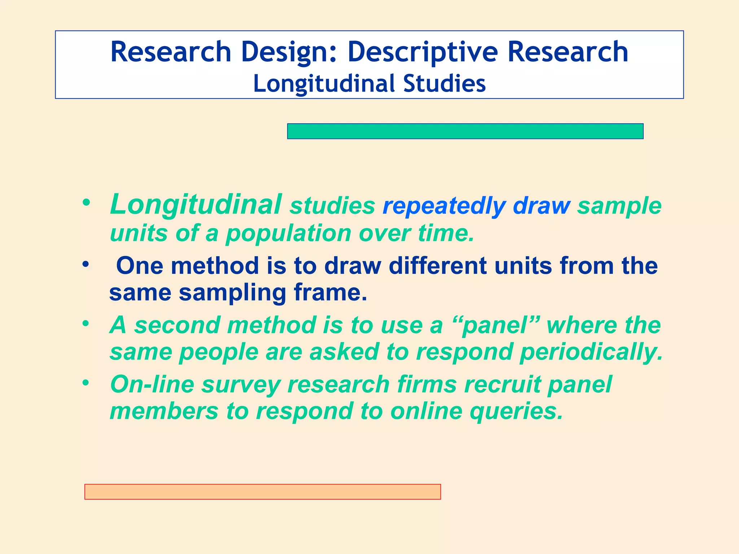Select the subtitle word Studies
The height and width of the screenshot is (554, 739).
tap(444, 84)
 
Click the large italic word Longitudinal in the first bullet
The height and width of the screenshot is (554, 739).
tap(196, 205)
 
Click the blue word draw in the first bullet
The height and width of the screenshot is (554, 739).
tap(541, 206)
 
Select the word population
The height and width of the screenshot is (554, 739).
tap(288, 233)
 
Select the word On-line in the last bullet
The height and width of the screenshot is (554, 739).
tap(152, 384)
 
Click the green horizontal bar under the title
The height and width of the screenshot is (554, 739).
tap(465, 131)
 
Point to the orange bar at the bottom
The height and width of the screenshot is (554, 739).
tap(262, 492)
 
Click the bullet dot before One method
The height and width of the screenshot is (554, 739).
tap(86, 265)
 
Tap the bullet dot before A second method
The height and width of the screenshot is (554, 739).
tap(86, 324)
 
